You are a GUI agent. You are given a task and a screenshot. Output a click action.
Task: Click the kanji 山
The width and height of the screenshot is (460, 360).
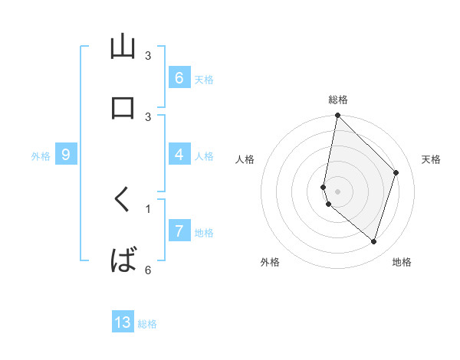(x=123, y=47)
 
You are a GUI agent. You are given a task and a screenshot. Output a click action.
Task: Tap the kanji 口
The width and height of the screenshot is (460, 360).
(x=123, y=107)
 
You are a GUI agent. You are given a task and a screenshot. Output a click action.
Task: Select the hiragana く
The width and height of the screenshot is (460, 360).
(x=122, y=201)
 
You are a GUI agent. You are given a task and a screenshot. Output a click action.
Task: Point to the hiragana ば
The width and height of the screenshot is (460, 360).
(x=123, y=261)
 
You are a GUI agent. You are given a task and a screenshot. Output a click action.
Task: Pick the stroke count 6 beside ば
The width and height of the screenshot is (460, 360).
(x=148, y=269)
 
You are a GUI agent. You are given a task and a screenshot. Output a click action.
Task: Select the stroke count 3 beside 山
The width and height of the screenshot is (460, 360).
(x=148, y=55)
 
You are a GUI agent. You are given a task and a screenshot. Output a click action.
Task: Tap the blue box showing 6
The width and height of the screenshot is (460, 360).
(x=179, y=77)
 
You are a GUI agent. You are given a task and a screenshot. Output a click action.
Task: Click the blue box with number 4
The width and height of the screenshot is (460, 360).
(x=179, y=155)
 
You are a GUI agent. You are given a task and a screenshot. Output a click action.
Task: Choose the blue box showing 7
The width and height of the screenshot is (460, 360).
(x=179, y=231)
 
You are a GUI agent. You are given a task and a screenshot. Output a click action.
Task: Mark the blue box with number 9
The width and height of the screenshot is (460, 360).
(x=66, y=155)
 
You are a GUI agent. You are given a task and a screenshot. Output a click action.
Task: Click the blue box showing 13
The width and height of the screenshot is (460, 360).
(x=123, y=322)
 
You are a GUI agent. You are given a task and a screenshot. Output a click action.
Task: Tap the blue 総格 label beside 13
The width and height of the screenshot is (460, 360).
(x=147, y=324)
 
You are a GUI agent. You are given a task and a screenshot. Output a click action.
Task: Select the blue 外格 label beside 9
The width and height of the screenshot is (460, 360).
(x=41, y=156)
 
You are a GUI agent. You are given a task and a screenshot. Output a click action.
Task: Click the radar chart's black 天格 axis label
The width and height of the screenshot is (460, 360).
(x=431, y=159)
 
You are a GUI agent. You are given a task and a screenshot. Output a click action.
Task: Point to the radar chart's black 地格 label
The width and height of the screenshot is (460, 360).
(x=402, y=262)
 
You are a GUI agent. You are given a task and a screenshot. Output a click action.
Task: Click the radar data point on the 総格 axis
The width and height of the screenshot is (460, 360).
(x=337, y=115)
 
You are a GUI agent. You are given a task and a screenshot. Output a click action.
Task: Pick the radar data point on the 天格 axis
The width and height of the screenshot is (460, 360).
(x=396, y=172)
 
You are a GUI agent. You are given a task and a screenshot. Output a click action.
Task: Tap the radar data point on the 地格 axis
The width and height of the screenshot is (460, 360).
(x=373, y=241)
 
